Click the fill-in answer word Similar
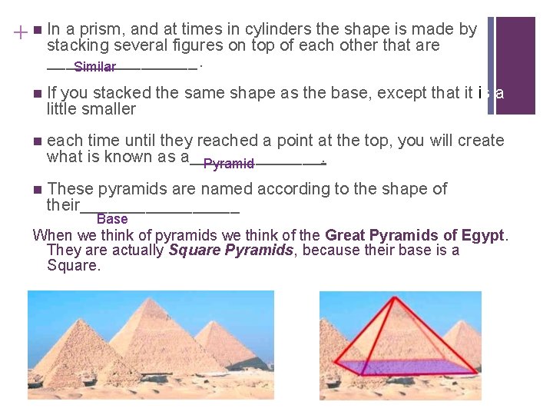tap(95, 68)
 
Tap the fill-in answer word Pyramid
tap(228, 164)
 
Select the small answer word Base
tap(112, 220)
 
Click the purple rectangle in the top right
tap(515, 65)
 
